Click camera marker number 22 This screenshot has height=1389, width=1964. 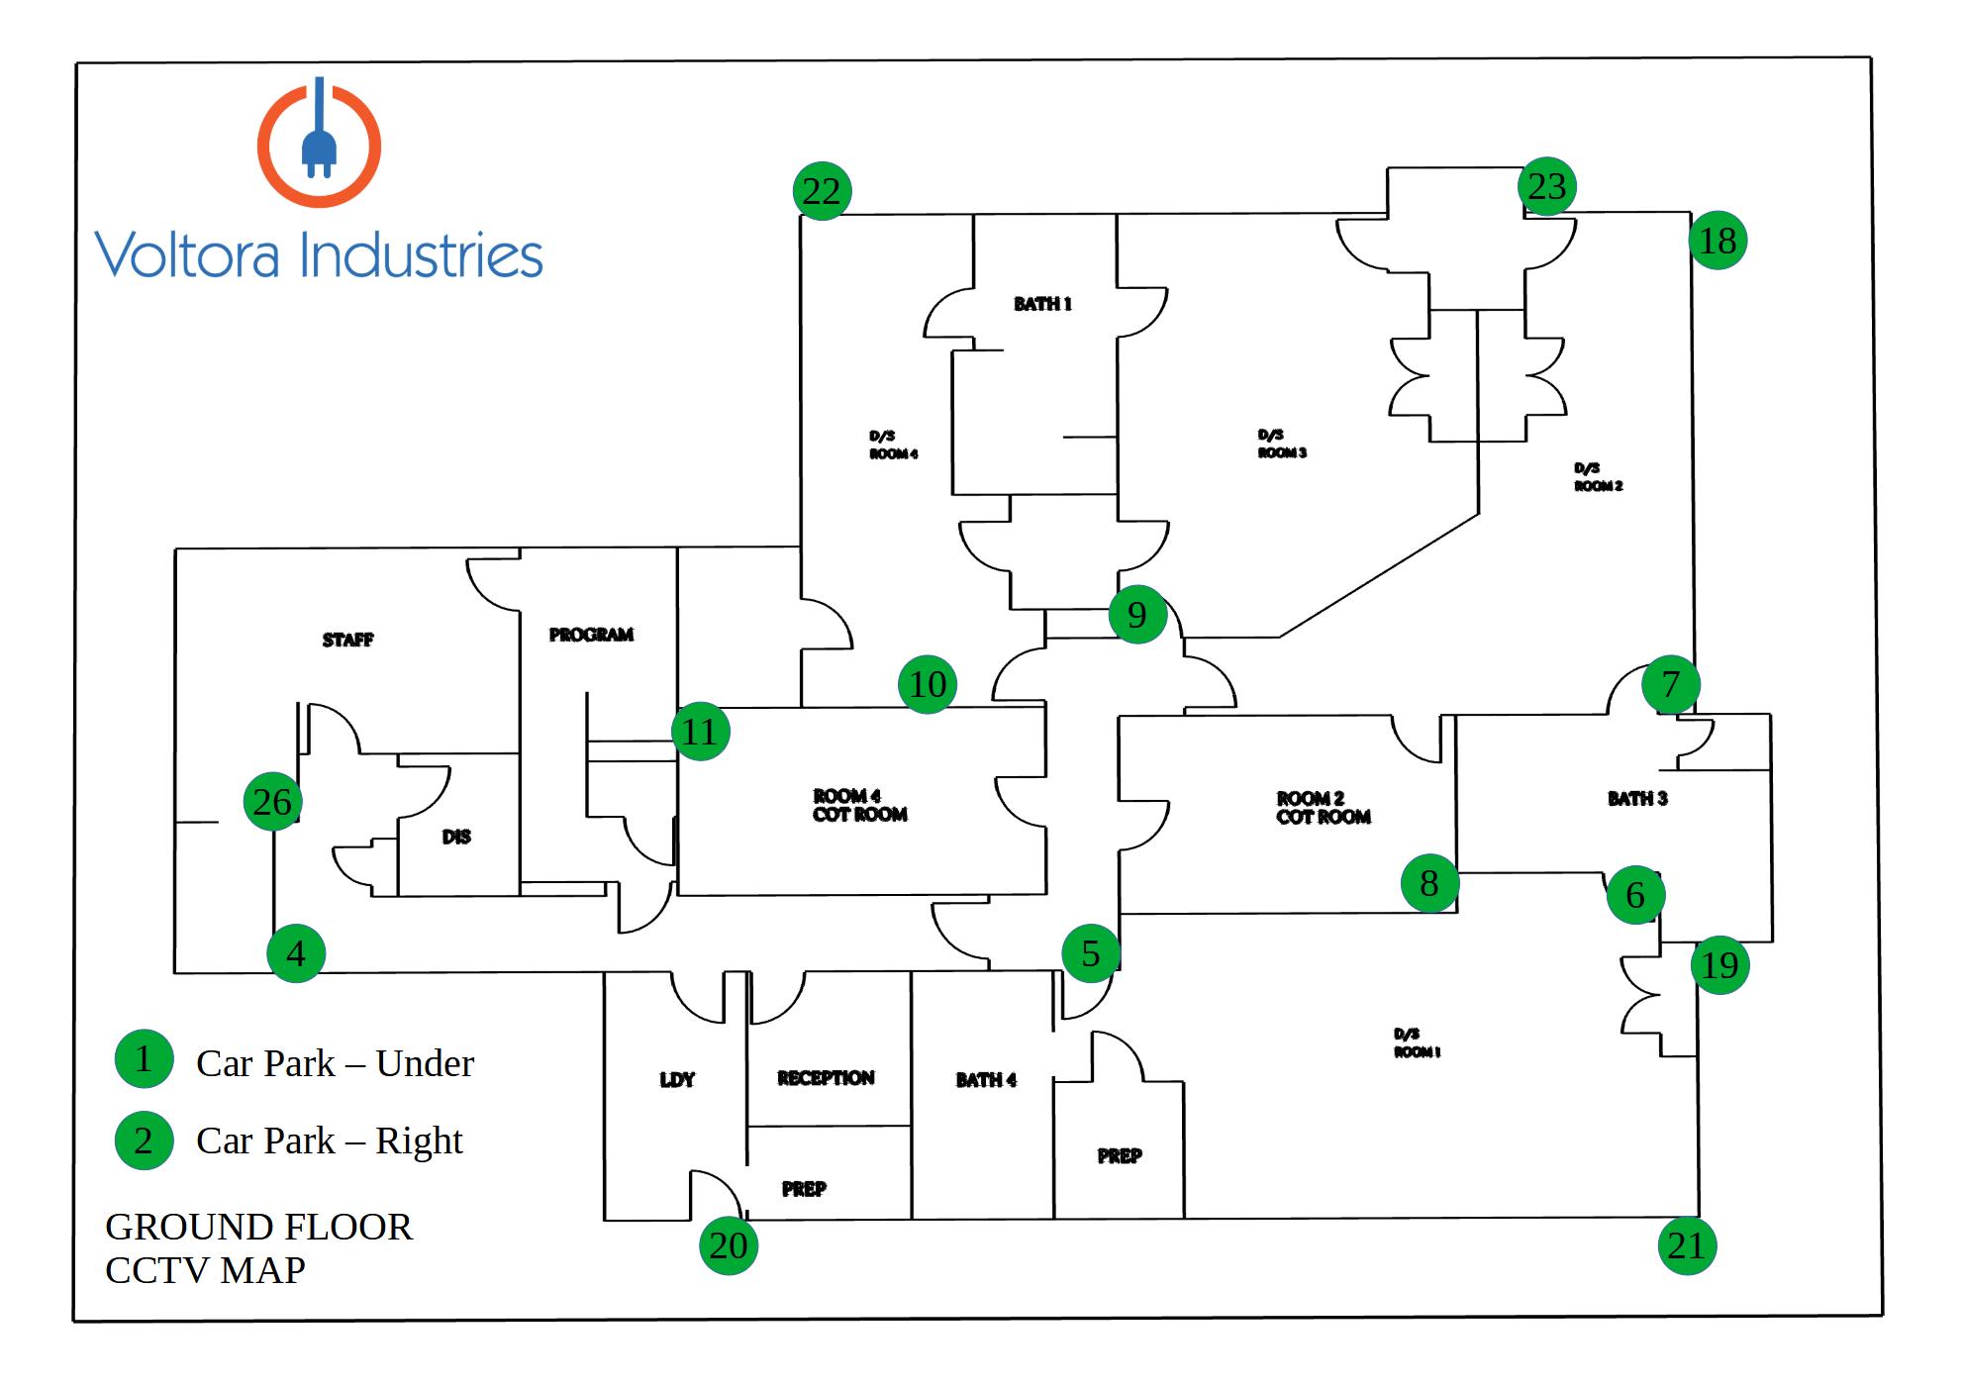coord(822,190)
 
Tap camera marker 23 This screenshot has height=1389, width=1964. coord(1546,186)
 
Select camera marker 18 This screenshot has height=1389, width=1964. coord(1718,241)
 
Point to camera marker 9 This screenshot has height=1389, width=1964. coord(1136,615)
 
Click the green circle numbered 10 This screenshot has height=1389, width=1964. coord(928,684)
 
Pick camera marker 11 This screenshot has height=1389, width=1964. coord(700,732)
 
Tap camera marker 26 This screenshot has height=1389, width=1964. coord(272,801)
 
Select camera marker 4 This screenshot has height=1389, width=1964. coord(296,953)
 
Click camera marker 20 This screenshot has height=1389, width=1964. coord(729,1244)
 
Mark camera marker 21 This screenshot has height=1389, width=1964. coord(1686,1245)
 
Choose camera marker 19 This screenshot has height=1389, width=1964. coord(1719,964)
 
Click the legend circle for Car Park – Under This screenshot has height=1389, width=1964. coord(144,1058)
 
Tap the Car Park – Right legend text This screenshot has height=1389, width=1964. coord(329,1141)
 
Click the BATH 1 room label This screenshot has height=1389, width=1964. coord(1042,304)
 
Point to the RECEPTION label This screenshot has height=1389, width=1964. coord(826,1078)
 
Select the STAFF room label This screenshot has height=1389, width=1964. coord(347,640)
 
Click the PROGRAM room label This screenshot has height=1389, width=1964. coord(591,635)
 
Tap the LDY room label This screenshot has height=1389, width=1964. coord(677,1080)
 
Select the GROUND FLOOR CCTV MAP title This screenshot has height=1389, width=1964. coord(257,1247)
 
